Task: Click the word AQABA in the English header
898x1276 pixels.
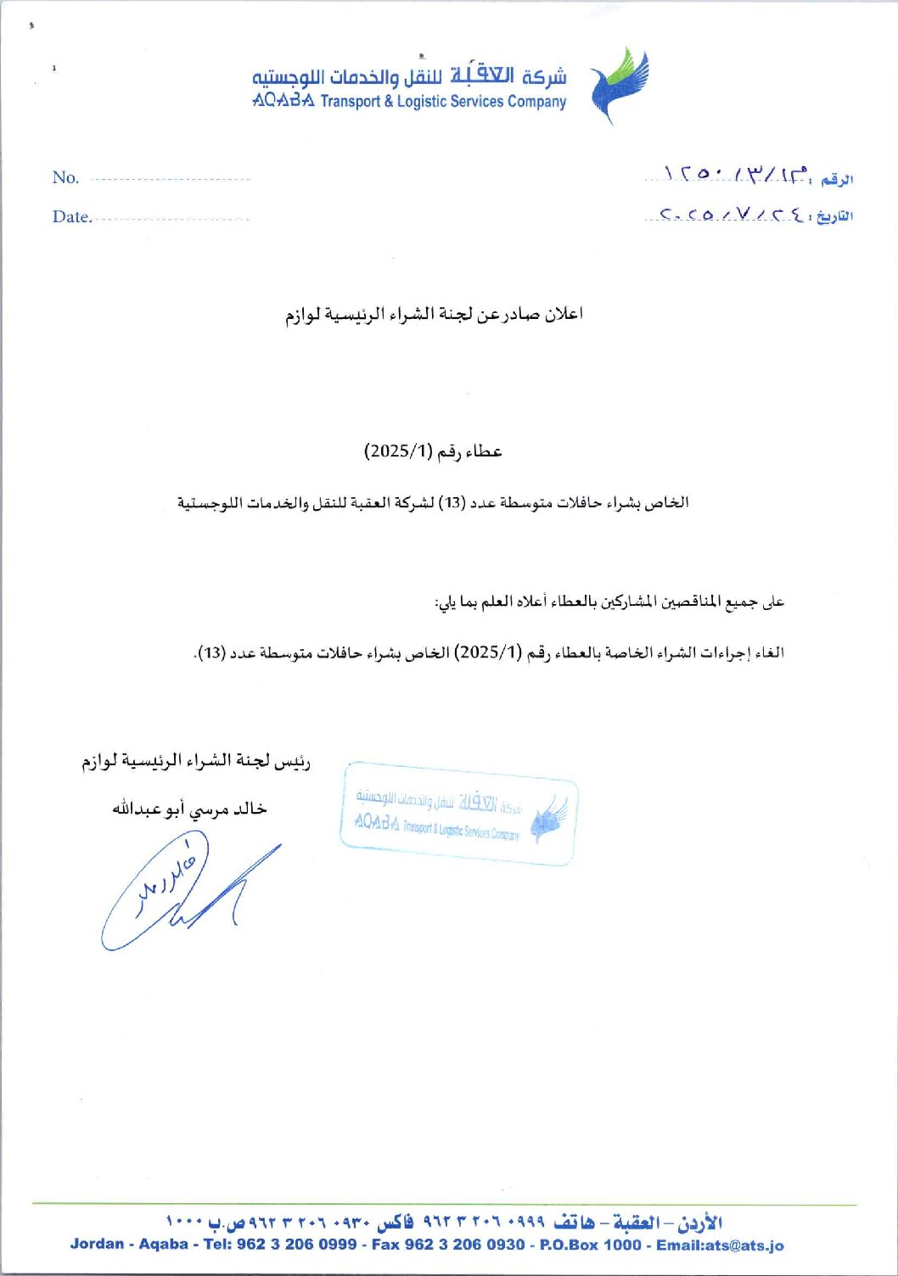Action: pos(283,101)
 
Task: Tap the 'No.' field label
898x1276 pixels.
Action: pos(65,177)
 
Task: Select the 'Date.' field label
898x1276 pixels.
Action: pos(71,216)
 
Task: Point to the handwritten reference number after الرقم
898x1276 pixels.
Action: pos(734,175)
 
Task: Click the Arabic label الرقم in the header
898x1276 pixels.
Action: pos(837,179)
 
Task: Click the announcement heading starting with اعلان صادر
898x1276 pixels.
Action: pos(434,315)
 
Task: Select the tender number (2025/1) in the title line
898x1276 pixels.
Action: pos(399,451)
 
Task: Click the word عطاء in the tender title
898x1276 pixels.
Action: pos(481,451)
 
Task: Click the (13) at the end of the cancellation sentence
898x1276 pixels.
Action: pos(211,652)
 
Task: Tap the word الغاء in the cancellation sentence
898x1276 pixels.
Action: pos(769,652)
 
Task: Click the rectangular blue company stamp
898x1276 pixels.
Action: pos(459,814)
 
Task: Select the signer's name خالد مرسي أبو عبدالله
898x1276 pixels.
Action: pos(189,809)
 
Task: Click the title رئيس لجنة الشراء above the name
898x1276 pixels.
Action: pos(196,761)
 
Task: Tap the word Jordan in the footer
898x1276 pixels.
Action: pos(97,1245)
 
